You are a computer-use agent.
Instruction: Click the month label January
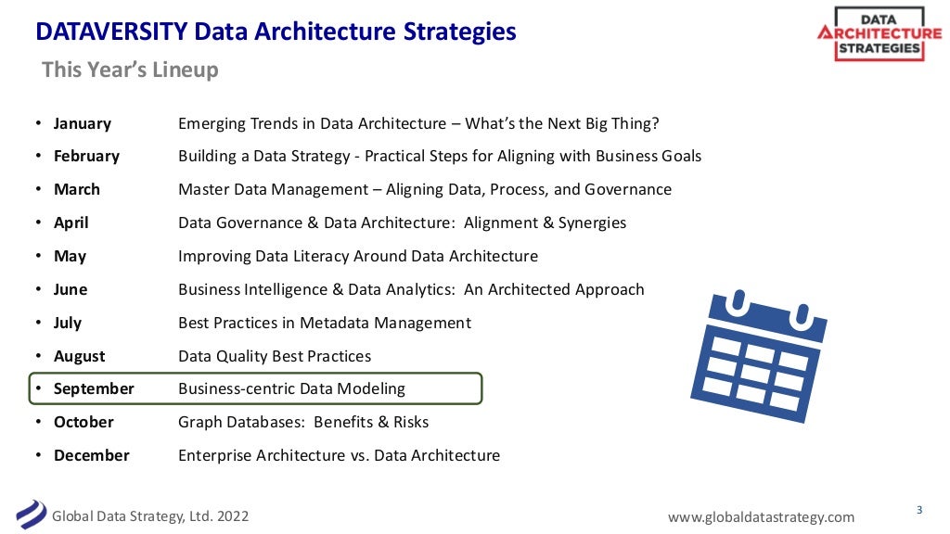82,123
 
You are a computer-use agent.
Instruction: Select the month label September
94,388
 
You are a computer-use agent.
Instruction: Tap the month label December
91,455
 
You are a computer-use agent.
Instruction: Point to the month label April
71,222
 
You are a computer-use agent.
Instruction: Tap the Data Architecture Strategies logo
878,34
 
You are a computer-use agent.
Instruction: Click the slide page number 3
919,509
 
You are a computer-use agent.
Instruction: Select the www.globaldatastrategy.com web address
761,516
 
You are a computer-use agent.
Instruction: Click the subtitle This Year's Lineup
130,70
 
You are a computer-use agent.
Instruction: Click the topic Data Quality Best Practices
275,356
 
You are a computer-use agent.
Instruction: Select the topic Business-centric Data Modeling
291,388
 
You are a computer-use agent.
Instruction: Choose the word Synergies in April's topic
591,222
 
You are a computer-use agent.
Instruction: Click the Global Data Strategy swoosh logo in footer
31,513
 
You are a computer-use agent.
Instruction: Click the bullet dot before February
38,157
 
